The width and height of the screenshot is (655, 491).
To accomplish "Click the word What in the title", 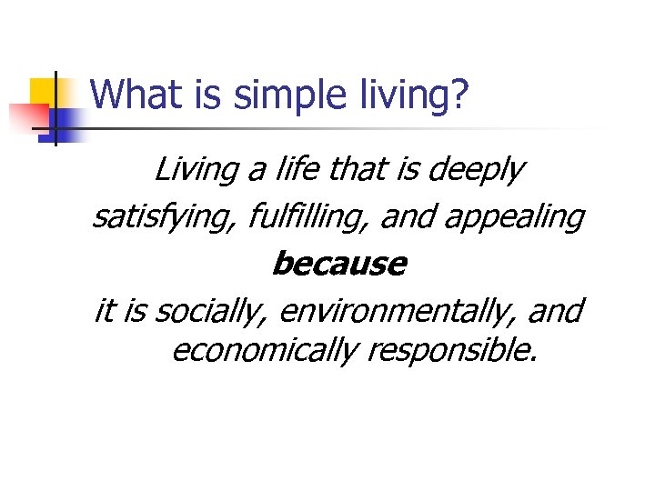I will [126, 94].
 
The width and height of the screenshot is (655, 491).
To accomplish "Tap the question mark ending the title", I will [460, 94].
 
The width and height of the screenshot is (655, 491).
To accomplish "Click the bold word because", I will [339, 264].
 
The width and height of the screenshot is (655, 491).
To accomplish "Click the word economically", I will [264, 350].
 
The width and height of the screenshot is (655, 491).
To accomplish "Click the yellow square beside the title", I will [45, 92].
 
